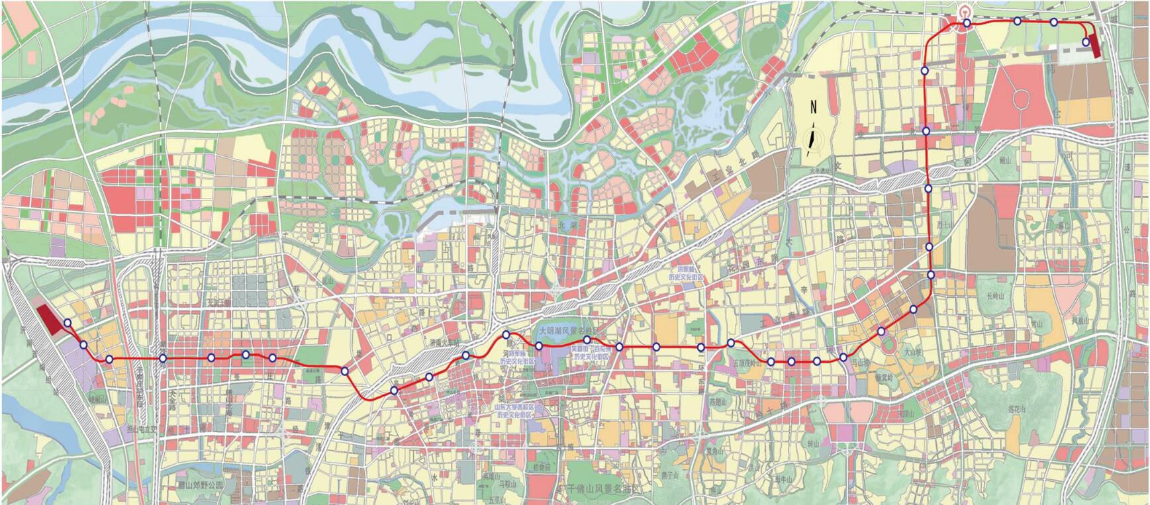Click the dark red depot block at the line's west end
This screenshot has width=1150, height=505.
50,319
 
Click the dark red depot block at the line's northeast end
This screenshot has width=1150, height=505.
1093,42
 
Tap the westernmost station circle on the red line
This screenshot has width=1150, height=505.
68,323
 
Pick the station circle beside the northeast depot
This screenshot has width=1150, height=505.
1086,42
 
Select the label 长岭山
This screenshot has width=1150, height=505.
995,296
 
